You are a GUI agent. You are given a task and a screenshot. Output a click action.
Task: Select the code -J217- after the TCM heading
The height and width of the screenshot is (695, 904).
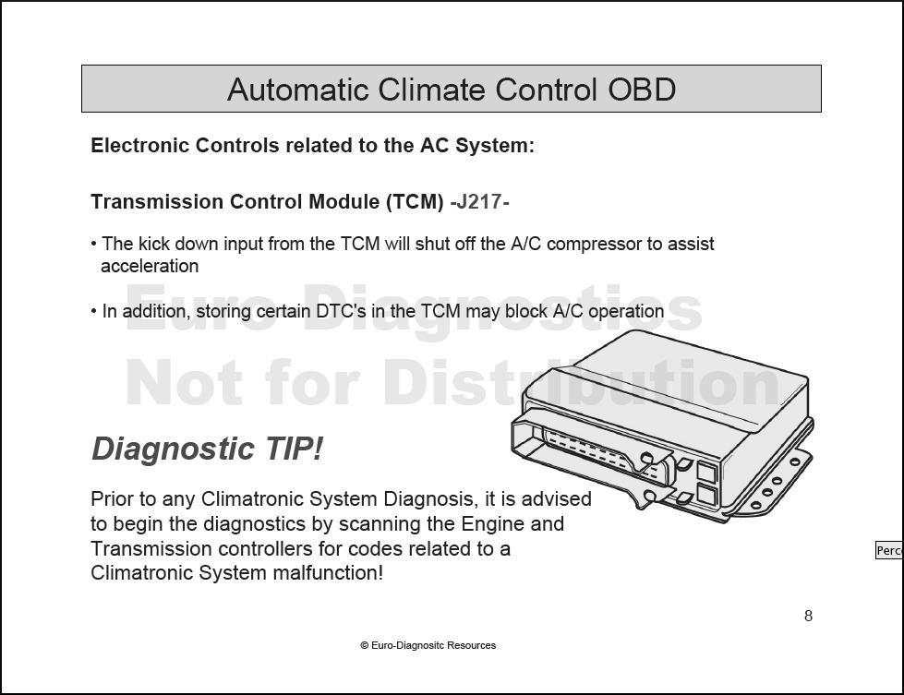click(x=479, y=202)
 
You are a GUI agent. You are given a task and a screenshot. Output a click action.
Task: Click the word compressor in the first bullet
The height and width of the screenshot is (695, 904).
click(x=594, y=245)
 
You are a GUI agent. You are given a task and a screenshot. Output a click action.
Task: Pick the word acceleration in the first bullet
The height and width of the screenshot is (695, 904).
click(x=150, y=266)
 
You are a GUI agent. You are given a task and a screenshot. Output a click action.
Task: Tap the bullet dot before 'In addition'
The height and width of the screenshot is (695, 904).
click(x=94, y=312)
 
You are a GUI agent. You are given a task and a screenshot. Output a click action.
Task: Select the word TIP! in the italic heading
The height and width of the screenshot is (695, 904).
click(x=294, y=449)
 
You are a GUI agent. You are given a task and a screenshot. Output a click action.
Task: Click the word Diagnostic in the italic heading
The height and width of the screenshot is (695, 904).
click(x=173, y=449)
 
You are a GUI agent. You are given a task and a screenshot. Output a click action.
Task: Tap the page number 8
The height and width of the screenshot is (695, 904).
click(x=808, y=616)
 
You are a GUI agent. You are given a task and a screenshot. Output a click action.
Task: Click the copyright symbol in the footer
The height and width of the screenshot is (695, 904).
click(x=365, y=645)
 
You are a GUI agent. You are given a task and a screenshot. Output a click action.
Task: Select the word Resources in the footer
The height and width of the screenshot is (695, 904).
click(x=472, y=645)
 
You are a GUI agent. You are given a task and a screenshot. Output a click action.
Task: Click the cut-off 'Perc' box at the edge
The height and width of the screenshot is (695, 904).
click(x=889, y=550)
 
